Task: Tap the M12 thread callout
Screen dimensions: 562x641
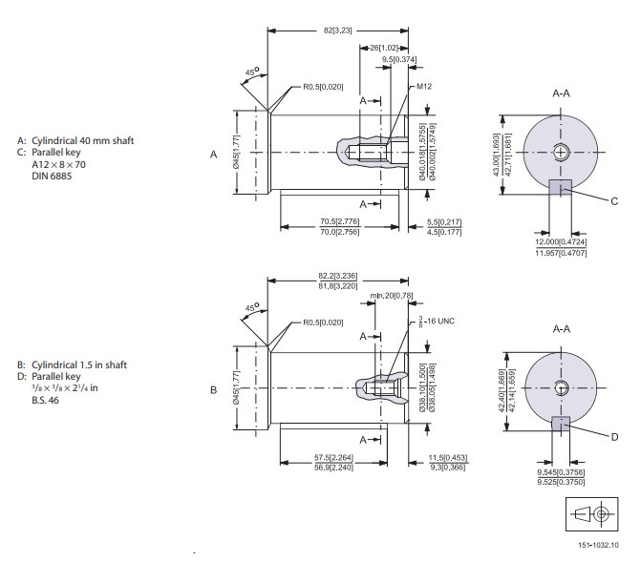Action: tap(424, 87)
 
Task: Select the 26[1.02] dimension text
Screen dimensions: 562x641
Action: tap(388, 47)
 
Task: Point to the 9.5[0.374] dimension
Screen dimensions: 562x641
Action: tap(399, 60)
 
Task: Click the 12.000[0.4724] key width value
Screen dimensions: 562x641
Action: tap(561, 242)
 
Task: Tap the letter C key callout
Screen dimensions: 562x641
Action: tap(614, 199)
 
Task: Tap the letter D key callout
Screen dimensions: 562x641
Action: tap(614, 436)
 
